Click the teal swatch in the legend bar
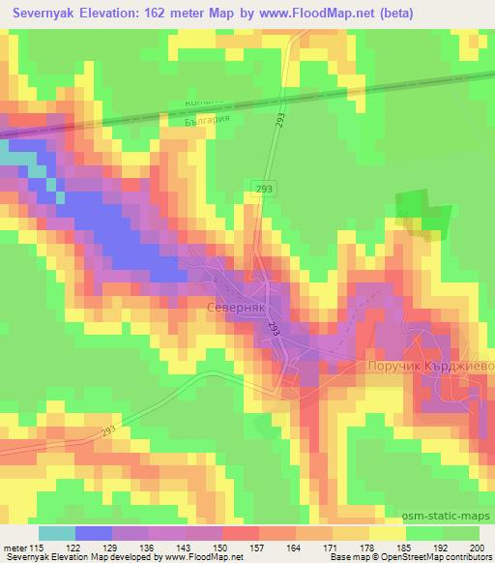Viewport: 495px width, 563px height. pos(57,533)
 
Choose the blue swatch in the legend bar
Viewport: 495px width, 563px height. pos(94,533)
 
